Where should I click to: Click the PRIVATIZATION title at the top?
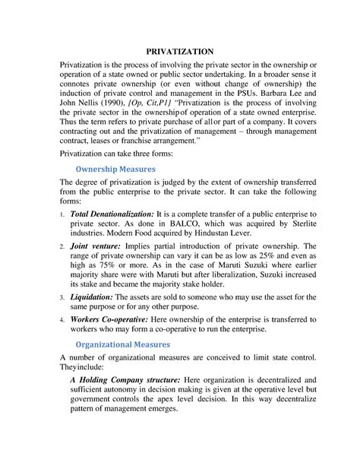[x=180, y=50]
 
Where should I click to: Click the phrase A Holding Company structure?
[x=125, y=379]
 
